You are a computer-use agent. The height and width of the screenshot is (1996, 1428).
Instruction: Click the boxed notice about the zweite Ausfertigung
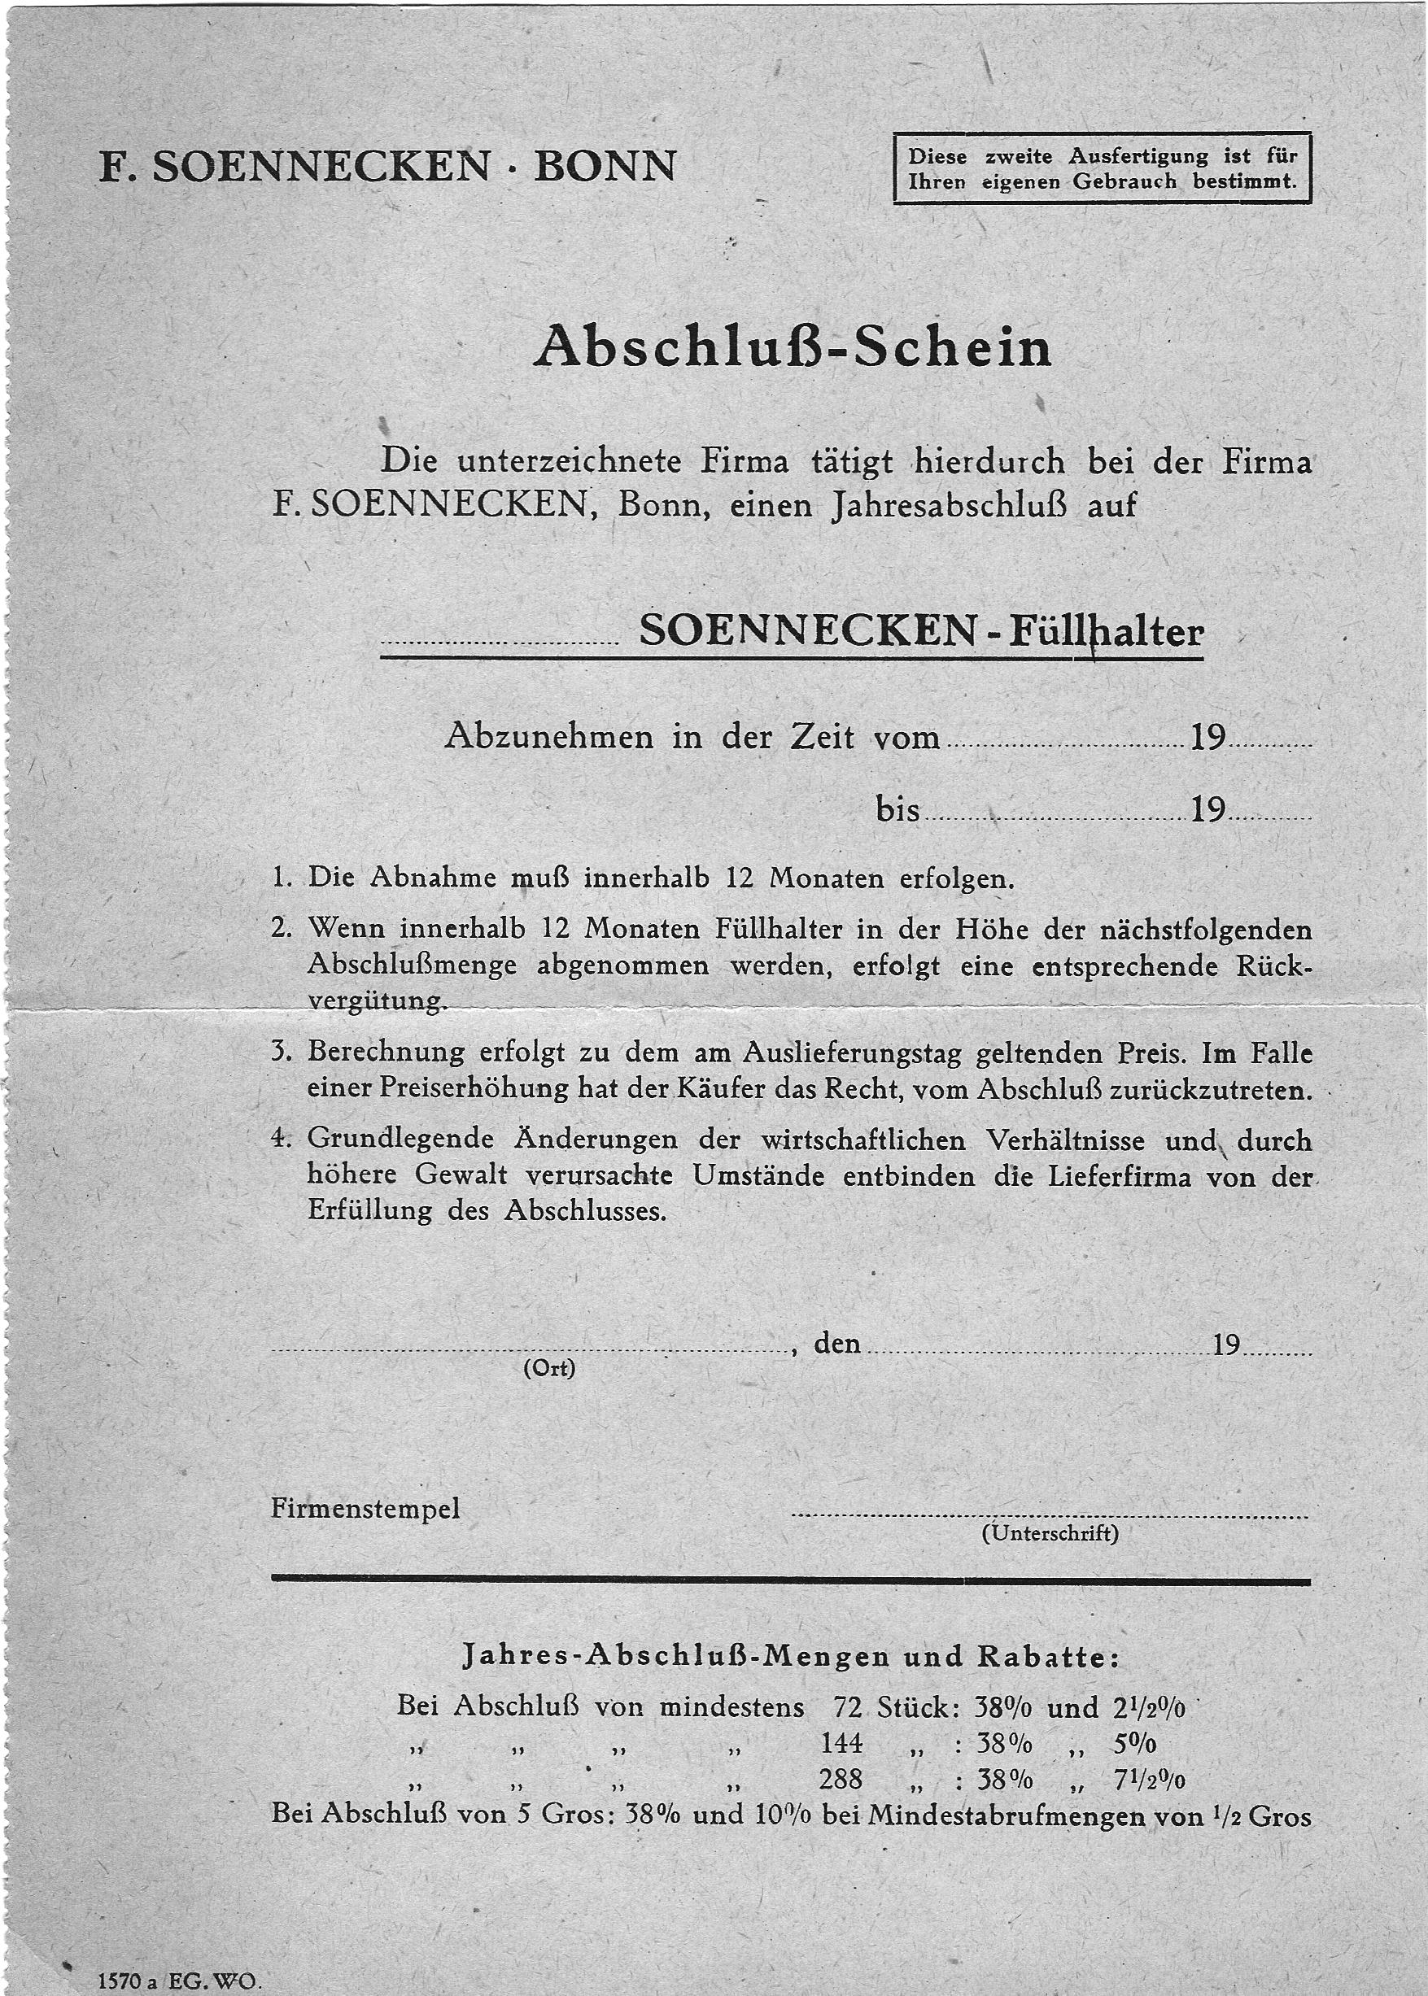1102,168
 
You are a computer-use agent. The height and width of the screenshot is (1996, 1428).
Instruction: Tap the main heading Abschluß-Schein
793,348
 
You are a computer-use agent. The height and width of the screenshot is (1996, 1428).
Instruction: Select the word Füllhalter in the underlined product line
1105,631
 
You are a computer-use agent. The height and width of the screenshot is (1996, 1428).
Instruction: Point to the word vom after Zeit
906,737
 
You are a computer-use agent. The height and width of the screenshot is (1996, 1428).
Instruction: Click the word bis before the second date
897,808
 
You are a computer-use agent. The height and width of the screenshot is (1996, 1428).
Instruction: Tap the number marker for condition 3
282,1052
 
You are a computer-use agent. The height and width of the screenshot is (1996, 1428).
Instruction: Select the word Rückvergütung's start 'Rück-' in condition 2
1273,966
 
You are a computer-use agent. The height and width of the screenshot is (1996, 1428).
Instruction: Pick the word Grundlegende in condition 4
400,1140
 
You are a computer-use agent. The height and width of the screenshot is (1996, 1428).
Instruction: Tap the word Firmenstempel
365,1509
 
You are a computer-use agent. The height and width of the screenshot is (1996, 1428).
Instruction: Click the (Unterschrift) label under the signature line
1050,1534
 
